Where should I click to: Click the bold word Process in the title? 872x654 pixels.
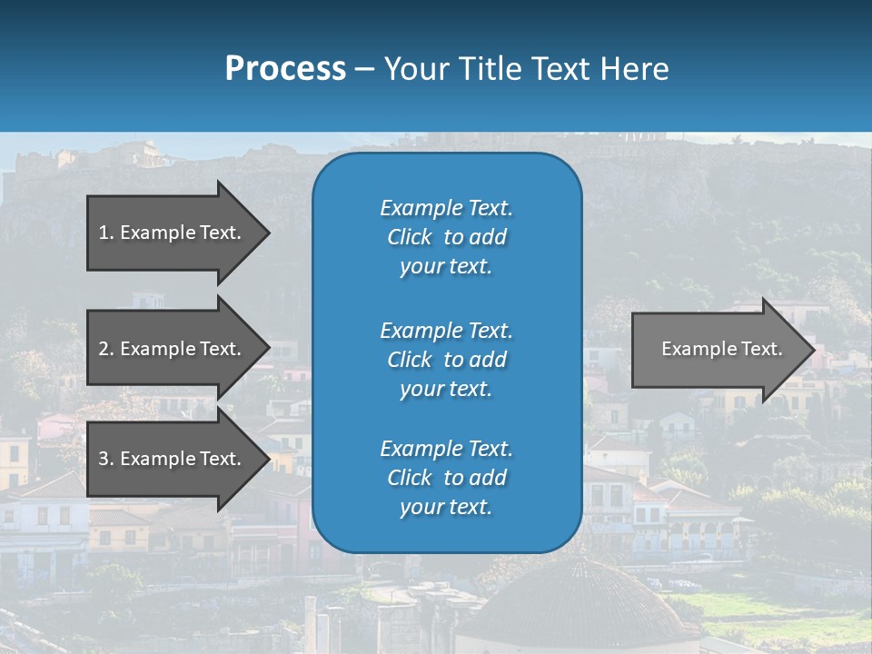285,68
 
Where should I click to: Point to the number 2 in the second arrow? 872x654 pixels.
104,349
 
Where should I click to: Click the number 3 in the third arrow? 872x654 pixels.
104,459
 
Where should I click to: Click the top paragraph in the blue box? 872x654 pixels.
446,237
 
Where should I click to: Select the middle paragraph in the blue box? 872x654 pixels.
446,359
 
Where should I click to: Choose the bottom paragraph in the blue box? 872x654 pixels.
446,478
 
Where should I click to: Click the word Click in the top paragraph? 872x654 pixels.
409,237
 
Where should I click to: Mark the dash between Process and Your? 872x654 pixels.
364,69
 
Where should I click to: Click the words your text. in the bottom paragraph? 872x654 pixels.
446,508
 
